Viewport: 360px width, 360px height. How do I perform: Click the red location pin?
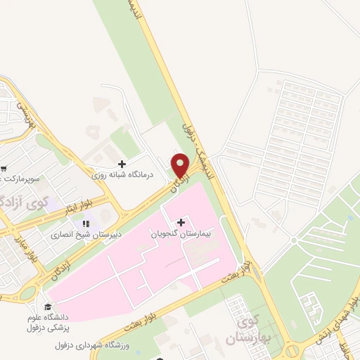pos(181,166)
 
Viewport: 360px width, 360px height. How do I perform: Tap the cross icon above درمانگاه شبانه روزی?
pos(122,163)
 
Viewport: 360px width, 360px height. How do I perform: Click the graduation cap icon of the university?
pos(47,307)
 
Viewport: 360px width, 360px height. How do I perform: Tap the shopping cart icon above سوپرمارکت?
pos(3,169)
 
